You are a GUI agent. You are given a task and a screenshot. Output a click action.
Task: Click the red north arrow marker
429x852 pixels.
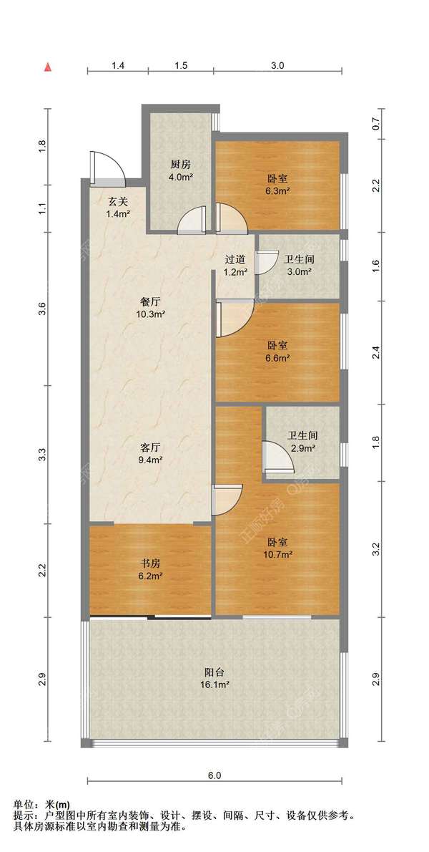(x=49, y=68)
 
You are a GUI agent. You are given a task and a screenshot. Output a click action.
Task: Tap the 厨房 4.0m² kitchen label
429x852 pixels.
(x=181, y=170)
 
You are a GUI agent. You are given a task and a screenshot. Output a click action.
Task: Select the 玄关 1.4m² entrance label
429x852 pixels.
(x=117, y=208)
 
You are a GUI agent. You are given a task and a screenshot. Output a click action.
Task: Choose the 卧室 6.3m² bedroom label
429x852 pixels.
(x=277, y=184)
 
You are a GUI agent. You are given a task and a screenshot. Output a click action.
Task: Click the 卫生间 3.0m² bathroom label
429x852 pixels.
(x=299, y=266)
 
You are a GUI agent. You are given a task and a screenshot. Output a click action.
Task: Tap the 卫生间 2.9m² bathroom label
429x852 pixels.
(x=302, y=441)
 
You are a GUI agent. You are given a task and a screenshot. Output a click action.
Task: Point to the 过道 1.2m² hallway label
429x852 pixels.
(x=236, y=266)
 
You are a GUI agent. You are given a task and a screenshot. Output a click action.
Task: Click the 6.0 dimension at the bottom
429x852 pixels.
(x=214, y=775)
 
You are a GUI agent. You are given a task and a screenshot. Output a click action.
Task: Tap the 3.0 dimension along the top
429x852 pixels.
(x=277, y=65)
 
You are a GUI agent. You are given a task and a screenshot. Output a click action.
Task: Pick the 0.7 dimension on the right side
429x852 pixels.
(x=382, y=125)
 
